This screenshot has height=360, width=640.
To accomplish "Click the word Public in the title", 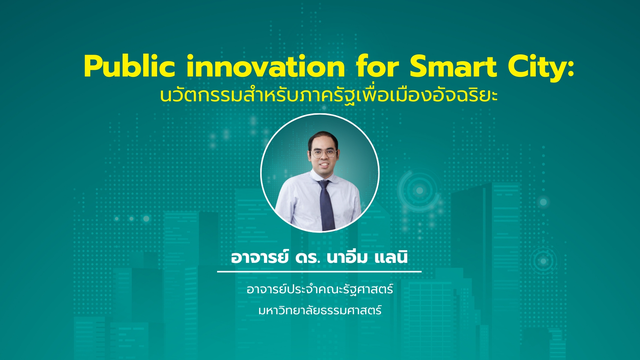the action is (129, 66).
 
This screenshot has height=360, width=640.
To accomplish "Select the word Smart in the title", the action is (453, 66).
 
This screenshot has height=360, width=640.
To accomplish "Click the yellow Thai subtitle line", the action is (328, 95).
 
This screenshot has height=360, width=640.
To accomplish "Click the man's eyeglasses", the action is (324, 153).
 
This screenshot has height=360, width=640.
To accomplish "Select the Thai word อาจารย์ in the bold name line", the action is (259, 257).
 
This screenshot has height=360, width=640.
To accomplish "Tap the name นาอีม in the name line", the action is (346, 256).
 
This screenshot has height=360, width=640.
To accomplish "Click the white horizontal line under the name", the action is (319, 271).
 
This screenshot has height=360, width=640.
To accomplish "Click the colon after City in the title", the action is (571, 70).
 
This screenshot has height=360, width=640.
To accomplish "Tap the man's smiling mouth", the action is (324, 165).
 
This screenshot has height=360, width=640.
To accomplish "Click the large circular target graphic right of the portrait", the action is (420, 190).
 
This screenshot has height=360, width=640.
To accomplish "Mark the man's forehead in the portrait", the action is (324, 143).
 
